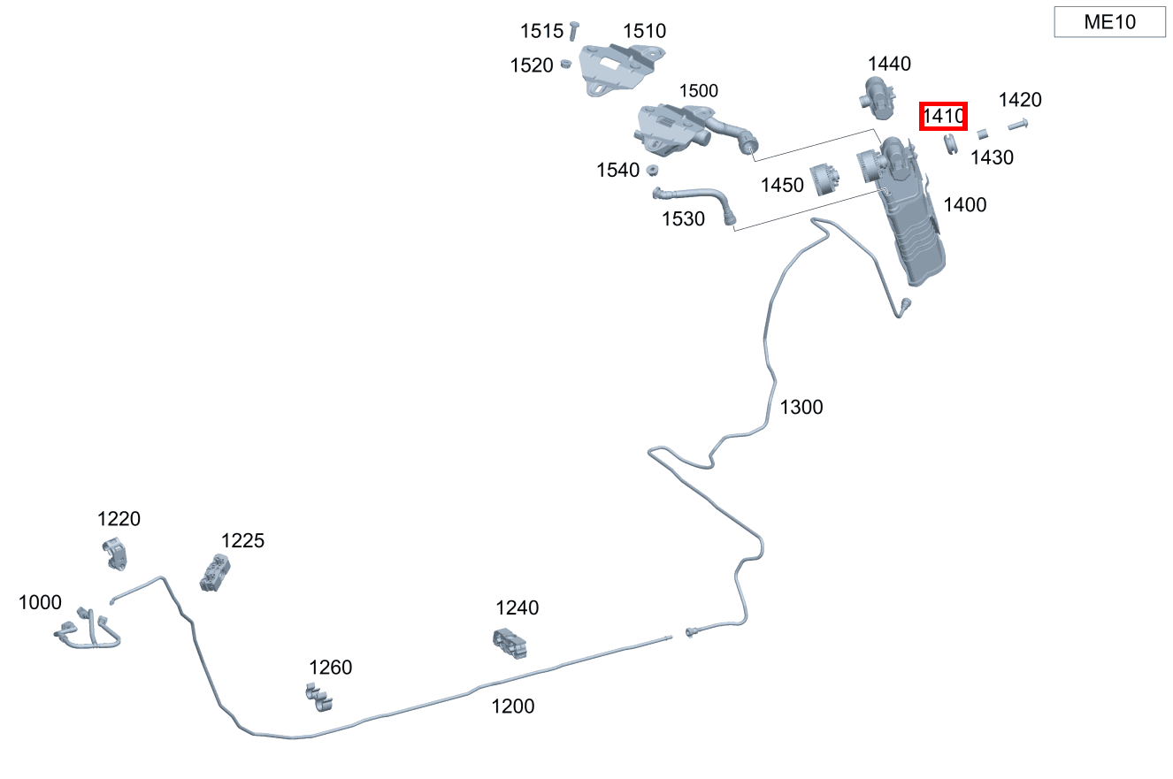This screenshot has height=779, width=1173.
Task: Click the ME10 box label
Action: (1109, 22)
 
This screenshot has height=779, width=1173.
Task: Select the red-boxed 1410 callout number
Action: (943, 116)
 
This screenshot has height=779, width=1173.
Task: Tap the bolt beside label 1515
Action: (573, 30)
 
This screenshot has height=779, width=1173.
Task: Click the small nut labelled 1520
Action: (565, 64)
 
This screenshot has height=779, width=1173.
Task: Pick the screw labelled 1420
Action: (1018, 125)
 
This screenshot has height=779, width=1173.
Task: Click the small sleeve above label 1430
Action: (983, 134)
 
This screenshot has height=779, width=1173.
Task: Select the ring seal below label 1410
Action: (950, 144)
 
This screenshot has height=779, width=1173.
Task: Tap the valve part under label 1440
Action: (878, 98)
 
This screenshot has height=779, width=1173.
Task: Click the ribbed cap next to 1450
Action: (824, 179)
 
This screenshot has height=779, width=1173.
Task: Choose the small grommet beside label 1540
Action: (652, 170)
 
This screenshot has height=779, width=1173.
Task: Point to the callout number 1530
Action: (683, 218)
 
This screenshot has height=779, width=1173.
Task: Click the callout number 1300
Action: (801, 407)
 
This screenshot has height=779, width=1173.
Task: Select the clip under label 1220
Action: (115, 554)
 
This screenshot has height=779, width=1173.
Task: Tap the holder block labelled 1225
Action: (215, 573)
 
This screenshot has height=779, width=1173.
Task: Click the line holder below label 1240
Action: (510, 643)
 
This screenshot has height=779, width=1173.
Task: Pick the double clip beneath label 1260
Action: (319, 698)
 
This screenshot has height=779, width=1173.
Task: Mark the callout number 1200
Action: (513, 706)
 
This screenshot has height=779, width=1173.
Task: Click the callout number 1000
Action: (40, 602)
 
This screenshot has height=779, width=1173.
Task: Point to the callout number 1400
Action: (964, 204)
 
